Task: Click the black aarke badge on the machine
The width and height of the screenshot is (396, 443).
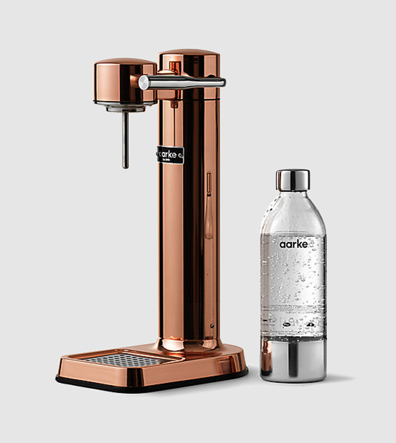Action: point(170,155)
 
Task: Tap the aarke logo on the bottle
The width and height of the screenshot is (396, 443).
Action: point(293,244)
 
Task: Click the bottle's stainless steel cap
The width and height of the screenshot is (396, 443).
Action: point(292,180)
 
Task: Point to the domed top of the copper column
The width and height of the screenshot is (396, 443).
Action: point(189,54)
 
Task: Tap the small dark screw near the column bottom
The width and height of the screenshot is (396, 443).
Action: point(211,325)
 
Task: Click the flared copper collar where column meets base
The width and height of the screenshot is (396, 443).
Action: point(189,343)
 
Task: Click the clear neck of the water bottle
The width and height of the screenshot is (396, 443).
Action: point(292,201)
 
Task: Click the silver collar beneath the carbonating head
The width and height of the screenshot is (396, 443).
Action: point(125,108)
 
